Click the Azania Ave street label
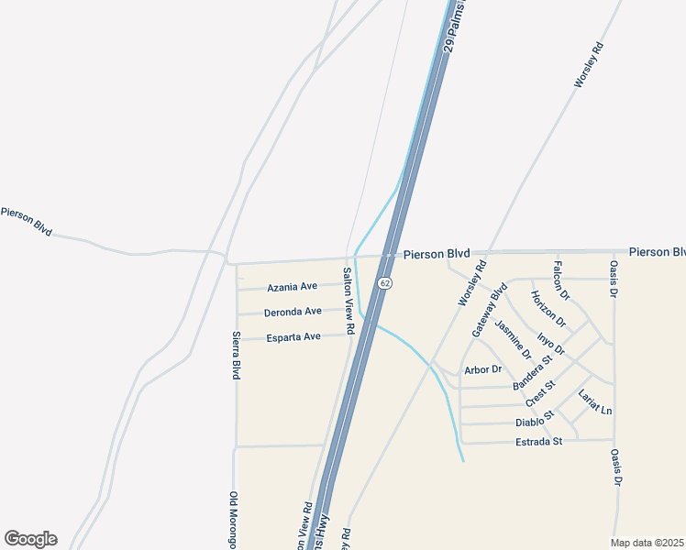coord(292,287)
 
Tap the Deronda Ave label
coord(293,312)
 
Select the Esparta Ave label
coord(293,336)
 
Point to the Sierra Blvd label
coord(236,356)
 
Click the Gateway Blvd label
coord(489,310)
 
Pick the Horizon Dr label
coord(549,309)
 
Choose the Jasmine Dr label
coord(513,339)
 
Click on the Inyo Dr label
coord(551,345)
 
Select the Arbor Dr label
coord(483,369)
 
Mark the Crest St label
coord(541,394)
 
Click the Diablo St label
coord(535,420)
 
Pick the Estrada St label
coord(537,441)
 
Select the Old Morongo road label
coord(233,520)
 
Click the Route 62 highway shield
coord(385,283)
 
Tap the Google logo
coord(30,539)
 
